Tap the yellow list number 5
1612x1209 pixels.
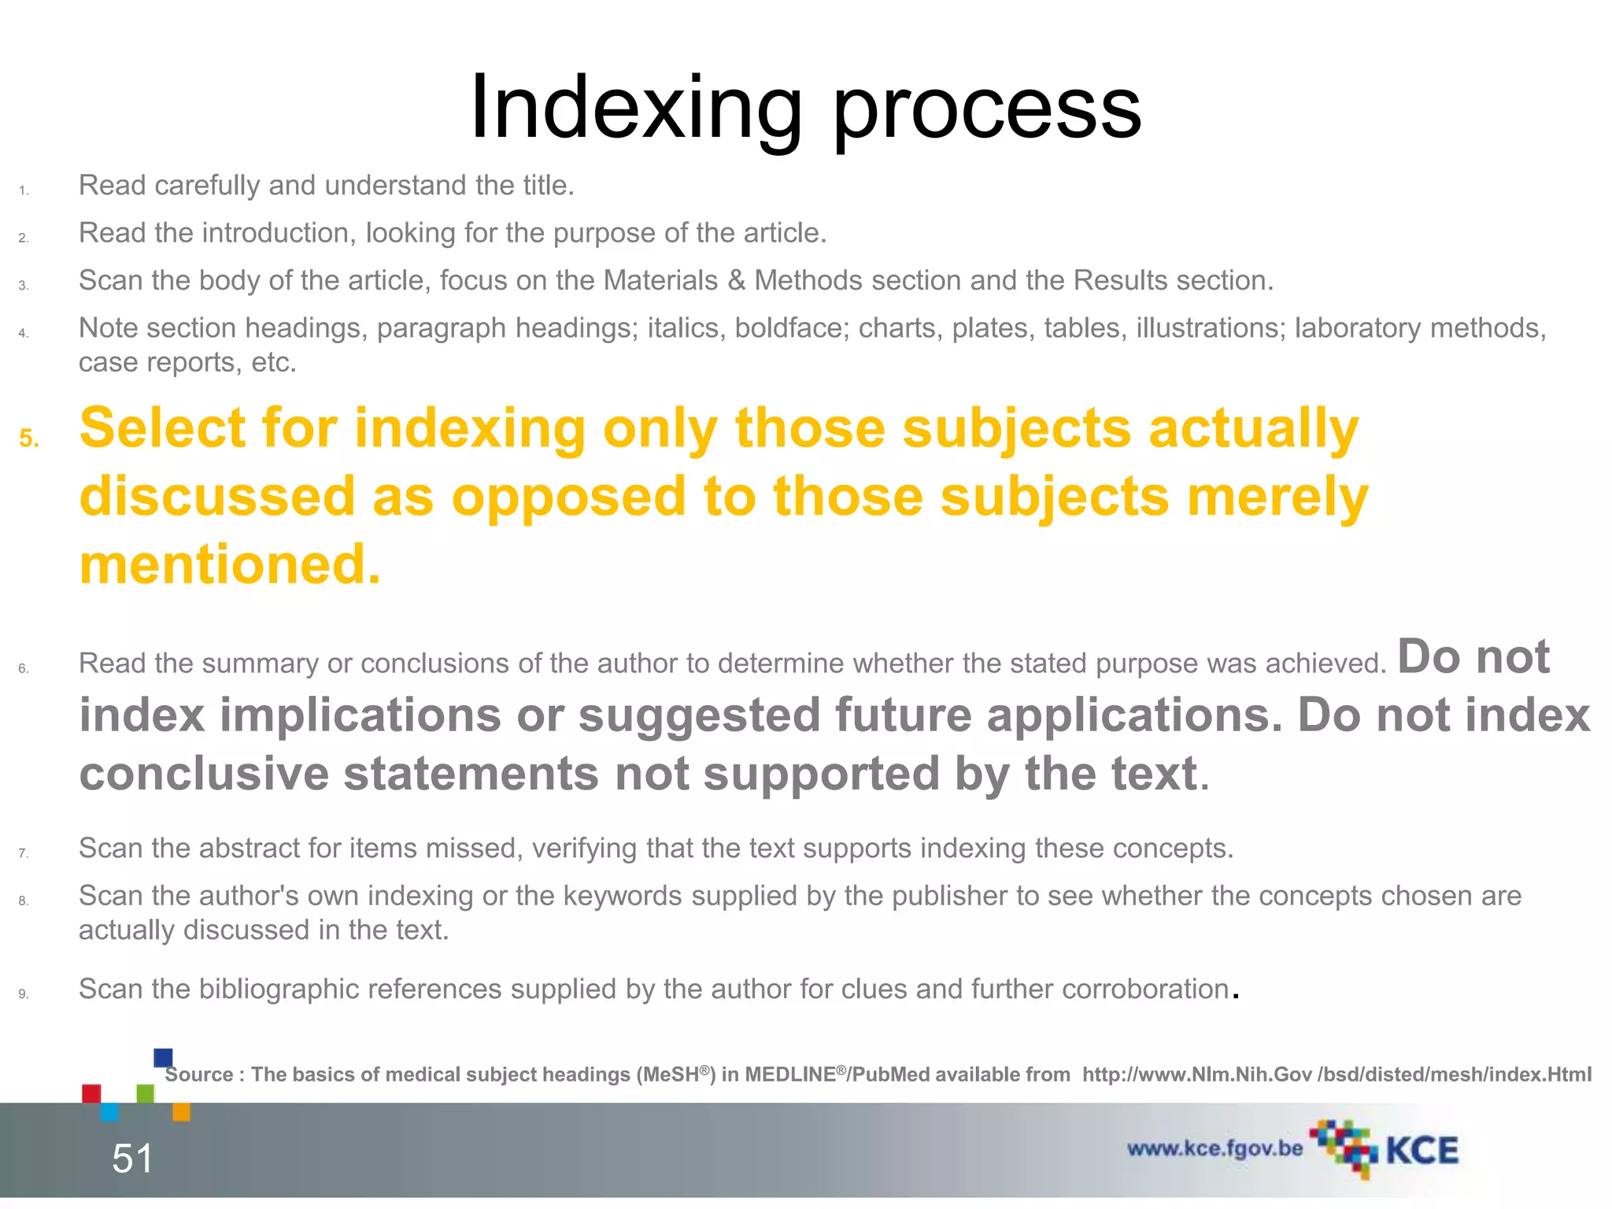coord(28,438)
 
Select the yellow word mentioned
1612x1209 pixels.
coord(230,564)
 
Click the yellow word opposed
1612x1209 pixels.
coord(568,497)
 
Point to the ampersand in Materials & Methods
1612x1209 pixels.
coord(736,280)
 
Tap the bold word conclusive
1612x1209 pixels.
coord(204,774)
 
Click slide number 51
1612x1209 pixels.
coord(132,1159)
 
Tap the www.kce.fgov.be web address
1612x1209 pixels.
coord(1215,1149)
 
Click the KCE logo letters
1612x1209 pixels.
coord(1422,1151)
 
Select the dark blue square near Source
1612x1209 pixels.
coord(164,1057)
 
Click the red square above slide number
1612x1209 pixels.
coord(91,1093)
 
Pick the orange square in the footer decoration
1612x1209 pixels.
coord(181,1111)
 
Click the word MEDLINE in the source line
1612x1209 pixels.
coord(794,1075)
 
